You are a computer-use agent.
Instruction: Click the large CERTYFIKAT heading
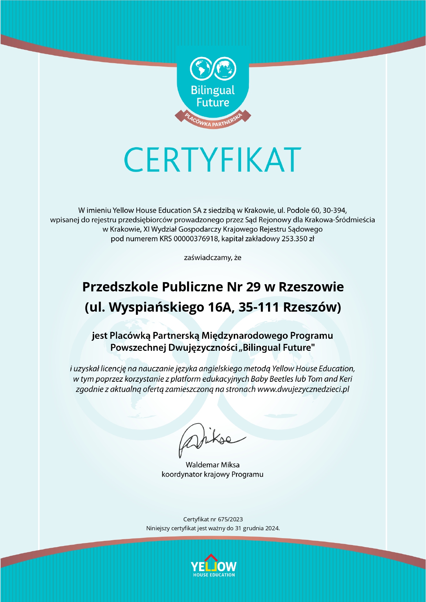(212, 160)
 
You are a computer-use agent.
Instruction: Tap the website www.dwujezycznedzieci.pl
(303, 389)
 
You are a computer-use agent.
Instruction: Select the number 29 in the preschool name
(253, 287)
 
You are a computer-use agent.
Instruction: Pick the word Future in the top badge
(213, 102)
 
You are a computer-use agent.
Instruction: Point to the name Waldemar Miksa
(212, 465)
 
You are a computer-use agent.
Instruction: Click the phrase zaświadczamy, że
(212, 257)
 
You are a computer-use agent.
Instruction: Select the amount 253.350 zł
(298, 239)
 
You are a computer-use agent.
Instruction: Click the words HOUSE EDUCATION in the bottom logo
(214, 575)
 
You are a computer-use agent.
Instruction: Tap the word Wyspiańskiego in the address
(157, 307)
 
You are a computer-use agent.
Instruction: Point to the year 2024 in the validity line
(272, 528)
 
